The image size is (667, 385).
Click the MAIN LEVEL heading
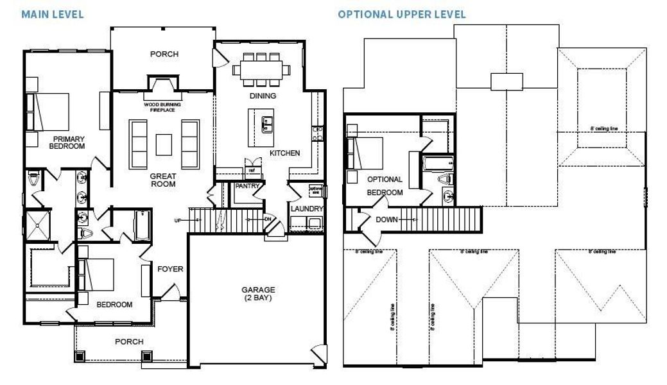[53, 14]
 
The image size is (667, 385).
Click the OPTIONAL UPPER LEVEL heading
[402, 14]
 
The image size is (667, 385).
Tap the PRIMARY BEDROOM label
[68, 142]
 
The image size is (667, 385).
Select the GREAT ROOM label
[163, 180]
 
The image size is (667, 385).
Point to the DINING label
[262, 96]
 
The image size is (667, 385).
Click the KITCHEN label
[284, 153]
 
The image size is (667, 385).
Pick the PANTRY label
[247, 185]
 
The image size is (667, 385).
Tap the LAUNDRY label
[306, 209]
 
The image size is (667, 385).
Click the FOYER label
[170, 269]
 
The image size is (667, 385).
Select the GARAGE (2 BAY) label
[259, 294]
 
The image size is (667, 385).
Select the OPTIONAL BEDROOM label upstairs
[385, 185]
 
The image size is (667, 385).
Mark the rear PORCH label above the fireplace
[164, 54]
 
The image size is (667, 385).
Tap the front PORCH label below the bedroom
[129, 341]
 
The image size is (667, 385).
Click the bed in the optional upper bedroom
[367, 154]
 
